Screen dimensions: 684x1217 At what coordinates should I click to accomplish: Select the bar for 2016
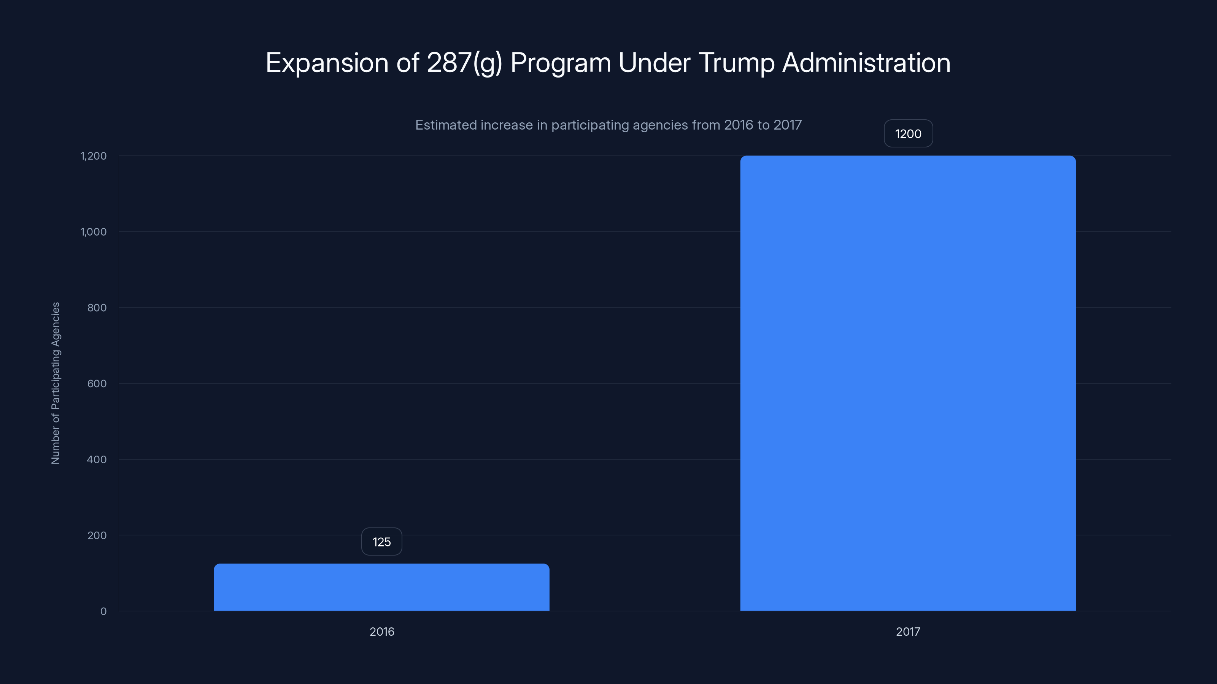pyautogui.click(x=381, y=587)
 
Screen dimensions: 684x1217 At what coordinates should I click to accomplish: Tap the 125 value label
pyautogui.click(x=381, y=541)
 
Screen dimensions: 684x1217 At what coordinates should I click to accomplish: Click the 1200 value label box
pyautogui.click(x=907, y=134)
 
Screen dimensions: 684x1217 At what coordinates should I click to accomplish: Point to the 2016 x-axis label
pyautogui.click(x=381, y=632)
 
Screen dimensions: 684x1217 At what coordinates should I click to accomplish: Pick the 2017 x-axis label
pyautogui.click(x=907, y=632)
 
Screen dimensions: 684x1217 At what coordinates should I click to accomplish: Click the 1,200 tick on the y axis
pyautogui.click(x=94, y=156)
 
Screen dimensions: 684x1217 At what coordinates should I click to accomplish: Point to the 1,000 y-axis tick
pyautogui.click(x=94, y=232)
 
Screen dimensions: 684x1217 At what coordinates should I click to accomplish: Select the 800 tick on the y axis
pyautogui.click(x=97, y=308)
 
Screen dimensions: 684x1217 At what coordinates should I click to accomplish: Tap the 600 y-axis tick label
pyautogui.click(x=97, y=383)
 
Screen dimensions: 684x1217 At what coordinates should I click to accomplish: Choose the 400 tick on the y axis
pyautogui.click(x=97, y=459)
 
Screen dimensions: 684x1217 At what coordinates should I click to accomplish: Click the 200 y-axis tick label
pyautogui.click(x=97, y=535)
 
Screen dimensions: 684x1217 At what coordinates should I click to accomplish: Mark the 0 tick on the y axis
pyautogui.click(x=103, y=611)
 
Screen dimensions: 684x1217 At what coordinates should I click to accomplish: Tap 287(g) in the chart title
pyautogui.click(x=464, y=63)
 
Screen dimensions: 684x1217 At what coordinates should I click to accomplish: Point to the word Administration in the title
pyautogui.click(x=866, y=63)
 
